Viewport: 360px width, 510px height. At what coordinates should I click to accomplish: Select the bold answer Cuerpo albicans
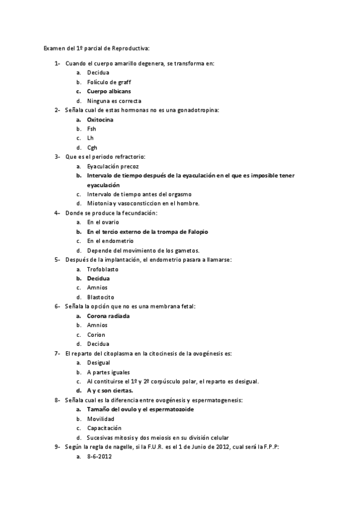coord(109,91)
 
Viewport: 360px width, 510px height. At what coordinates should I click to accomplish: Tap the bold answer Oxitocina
coord(100,120)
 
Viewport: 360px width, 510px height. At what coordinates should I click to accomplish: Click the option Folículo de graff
coord(109,82)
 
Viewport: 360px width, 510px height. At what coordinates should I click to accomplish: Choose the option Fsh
coord(91,129)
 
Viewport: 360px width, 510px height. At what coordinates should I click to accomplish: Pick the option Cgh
coord(92,147)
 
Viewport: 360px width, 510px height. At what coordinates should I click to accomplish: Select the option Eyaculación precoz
coord(112,166)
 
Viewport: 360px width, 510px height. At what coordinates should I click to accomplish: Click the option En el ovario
coord(103,222)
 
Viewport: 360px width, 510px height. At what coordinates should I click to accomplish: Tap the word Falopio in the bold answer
coord(197,232)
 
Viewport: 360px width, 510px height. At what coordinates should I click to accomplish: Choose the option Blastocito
coord(100,297)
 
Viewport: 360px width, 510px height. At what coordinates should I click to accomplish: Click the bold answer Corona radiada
coord(108,316)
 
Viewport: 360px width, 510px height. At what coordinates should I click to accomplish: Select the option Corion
coord(96,334)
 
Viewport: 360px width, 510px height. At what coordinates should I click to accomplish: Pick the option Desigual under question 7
coord(99,363)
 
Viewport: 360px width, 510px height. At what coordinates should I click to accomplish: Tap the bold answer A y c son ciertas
coord(110,391)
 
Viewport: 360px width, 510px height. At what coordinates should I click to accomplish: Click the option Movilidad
coord(100,419)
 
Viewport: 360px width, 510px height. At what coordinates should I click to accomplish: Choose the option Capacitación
coord(105,428)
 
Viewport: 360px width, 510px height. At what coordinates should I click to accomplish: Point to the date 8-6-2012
coord(99,456)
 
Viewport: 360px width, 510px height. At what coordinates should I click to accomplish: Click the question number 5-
coord(57,260)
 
